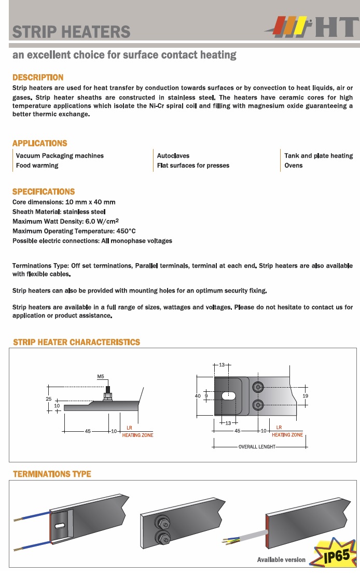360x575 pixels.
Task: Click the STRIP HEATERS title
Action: click(71, 31)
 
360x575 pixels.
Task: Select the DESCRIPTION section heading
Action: click(38, 77)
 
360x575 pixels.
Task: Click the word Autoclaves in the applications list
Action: click(173, 156)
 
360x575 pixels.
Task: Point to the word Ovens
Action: click(294, 166)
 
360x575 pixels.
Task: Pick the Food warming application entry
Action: click(37, 166)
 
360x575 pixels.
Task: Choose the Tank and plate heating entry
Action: click(318, 156)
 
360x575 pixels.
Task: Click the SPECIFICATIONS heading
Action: click(44, 191)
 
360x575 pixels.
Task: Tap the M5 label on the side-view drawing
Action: click(101, 376)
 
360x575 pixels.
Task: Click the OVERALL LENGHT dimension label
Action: click(256, 446)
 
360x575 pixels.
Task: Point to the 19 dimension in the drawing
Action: click(306, 396)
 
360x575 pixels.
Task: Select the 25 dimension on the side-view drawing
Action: click(49, 399)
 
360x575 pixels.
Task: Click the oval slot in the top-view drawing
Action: click(228, 396)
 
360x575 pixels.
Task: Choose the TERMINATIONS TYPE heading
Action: click(52, 474)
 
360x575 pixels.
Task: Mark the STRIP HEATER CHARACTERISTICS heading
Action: click(76, 342)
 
